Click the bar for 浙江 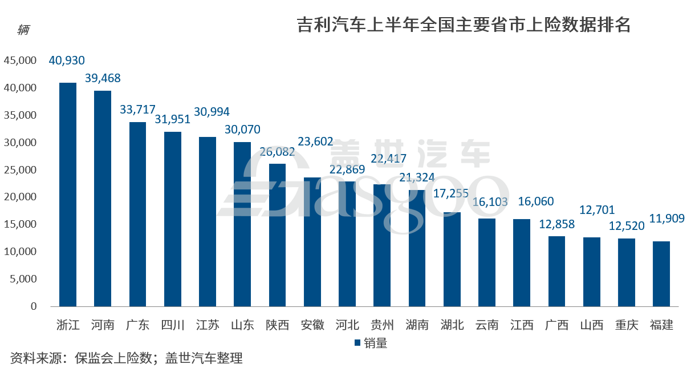[68, 194]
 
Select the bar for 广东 [137, 214]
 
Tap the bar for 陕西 [277, 234]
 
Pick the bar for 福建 [661, 273]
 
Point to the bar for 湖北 [452, 259]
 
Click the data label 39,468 [103, 78]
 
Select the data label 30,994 [212, 112]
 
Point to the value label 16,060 [535, 201]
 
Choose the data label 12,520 [627, 225]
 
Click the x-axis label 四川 [173, 325]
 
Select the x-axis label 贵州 [382, 325]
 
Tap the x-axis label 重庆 [627, 325]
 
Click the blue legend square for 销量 [357, 343]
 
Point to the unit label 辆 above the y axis [23, 30]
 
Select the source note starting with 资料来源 [127, 358]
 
